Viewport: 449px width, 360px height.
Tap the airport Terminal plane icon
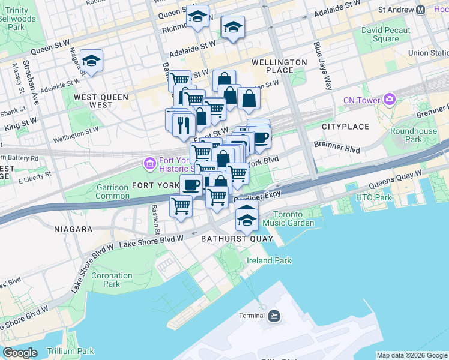pos(274,316)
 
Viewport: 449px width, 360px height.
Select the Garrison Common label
pos(112,192)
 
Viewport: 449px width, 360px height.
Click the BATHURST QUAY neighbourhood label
pos(237,239)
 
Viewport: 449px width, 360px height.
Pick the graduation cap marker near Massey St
pos(91,61)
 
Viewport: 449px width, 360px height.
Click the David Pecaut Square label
pos(385,35)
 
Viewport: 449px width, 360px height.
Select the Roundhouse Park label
pos(414,135)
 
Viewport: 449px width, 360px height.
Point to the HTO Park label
pos(373,197)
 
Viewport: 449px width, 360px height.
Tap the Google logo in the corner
pos(19,353)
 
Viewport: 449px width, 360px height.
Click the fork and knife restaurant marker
pos(182,124)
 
